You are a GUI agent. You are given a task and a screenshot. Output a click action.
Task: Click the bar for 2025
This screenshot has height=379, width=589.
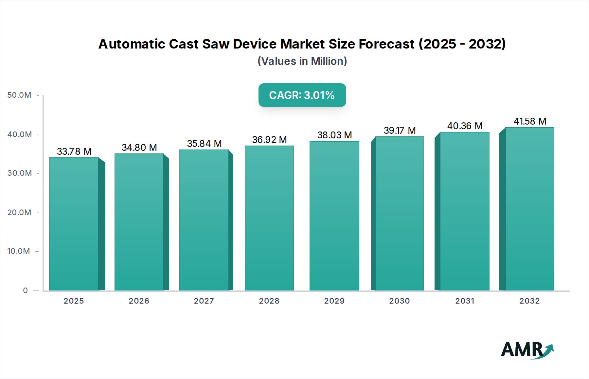[74, 224]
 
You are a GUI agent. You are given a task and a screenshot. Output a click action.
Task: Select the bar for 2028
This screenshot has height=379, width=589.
[269, 218]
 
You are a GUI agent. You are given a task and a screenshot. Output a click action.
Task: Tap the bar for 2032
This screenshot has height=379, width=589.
[529, 209]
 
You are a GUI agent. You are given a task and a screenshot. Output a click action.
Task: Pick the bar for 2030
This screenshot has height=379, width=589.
[399, 213]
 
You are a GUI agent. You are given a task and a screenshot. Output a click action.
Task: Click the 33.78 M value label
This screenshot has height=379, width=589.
[74, 151]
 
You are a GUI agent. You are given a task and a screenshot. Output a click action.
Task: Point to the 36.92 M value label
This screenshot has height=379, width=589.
[269, 140]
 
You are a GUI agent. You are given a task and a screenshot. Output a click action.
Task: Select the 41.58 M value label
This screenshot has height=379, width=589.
[530, 121]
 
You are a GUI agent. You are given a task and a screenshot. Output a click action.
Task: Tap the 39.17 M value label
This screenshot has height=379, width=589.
[400, 130]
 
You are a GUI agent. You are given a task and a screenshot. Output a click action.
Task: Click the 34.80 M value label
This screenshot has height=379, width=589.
[139, 148]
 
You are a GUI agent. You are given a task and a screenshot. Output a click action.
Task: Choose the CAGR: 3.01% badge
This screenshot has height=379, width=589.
[302, 95]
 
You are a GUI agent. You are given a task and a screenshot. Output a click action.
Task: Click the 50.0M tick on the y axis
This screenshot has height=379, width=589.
[19, 95]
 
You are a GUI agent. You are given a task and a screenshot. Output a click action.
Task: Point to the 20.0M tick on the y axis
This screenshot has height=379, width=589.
[19, 212]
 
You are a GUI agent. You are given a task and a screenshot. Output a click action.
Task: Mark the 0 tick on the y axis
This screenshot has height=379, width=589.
[26, 290]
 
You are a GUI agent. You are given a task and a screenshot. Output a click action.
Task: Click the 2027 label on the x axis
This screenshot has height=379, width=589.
[204, 301]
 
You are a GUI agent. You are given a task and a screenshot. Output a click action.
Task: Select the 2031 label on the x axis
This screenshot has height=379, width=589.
[465, 301]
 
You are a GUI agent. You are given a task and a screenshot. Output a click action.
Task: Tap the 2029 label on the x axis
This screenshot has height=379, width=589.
[334, 301]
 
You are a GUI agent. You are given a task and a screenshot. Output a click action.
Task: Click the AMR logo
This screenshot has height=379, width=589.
[527, 350]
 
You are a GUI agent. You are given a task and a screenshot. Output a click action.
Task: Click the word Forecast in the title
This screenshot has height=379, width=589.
[386, 44]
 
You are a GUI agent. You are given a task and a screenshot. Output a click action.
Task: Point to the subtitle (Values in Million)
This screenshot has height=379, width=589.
[302, 61]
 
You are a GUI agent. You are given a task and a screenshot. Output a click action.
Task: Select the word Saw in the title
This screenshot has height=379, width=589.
[216, 44]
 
